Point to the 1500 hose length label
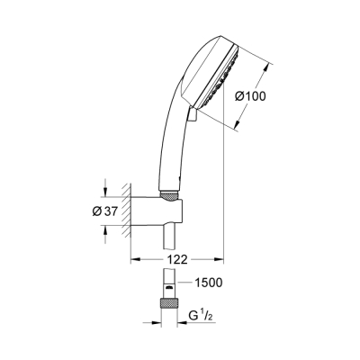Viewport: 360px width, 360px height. (208, 282)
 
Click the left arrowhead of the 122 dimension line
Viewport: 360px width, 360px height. (137, 259)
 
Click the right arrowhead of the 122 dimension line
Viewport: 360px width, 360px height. (219, 259)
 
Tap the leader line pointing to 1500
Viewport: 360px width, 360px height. (184, 283)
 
